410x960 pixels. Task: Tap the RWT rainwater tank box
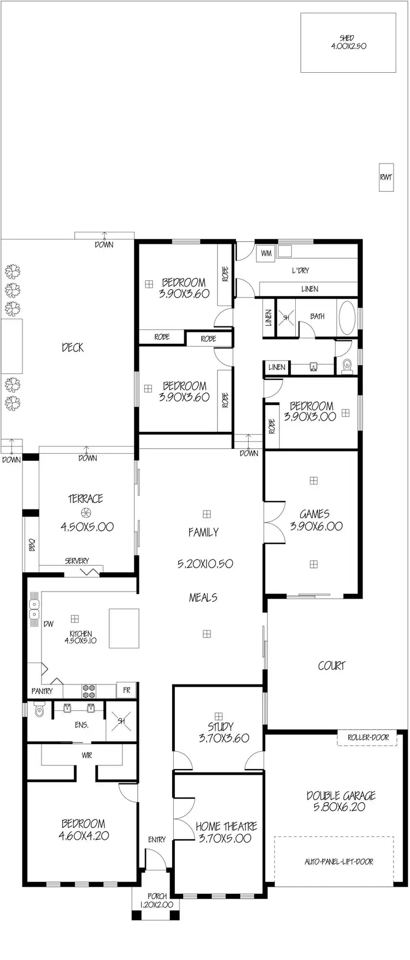click(x=386, y=177)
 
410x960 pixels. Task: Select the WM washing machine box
click(x=266, y=253)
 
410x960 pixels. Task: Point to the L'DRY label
click(x=300, y=271)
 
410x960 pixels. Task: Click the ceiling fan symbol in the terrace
click(x=85, y=512)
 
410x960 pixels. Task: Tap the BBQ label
click(x=31, y=545)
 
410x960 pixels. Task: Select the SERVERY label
click(x=77, y=561)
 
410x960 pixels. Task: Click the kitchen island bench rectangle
click(x=124, y=628)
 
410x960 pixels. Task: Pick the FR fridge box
click(x=126, y=690)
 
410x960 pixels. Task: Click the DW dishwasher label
click(x=48, y=623)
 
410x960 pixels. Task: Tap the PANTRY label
click(x=42, y=691)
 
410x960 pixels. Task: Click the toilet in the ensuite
click(x=39, y=710)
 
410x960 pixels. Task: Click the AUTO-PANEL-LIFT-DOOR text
click(x=338, y=862)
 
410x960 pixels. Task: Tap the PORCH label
click(x=157, y=897)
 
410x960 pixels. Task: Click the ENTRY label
click(x=156, y=839)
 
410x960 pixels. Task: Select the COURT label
click(x=332, y=665)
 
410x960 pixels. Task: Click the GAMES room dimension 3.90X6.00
click(x=314, y=526)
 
